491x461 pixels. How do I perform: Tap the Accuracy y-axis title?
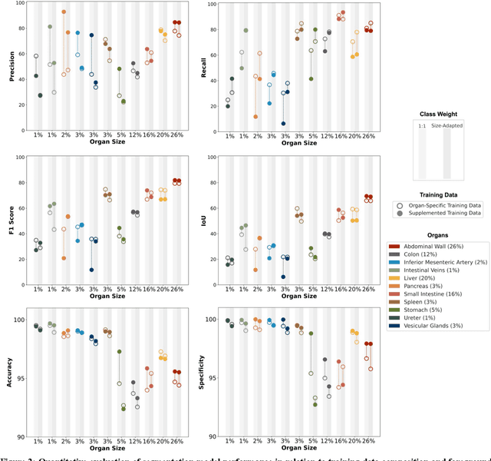click(x=8, y=376)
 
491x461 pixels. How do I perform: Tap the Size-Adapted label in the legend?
click(x=447, y=124)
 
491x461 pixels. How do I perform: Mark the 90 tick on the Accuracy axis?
click(x=22, y=436)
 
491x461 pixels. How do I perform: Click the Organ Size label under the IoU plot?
click(x=302, y=296)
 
